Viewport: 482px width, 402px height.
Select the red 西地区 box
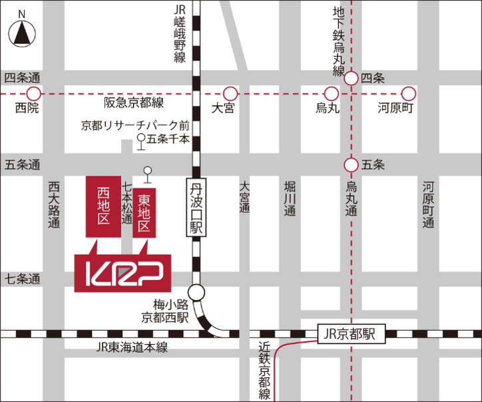[x=103, y=207]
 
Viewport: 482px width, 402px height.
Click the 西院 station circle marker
[x=33, y=93]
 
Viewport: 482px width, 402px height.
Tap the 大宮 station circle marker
[x=230, y=93]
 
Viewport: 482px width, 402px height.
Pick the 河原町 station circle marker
[x=408, y=93]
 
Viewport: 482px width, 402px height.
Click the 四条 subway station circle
[x=351, y=79]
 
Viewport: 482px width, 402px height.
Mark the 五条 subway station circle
[x=351, y=164]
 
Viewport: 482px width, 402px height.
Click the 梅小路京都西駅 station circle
[x=196, y=292]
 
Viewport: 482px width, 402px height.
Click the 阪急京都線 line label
[x=134, y=104]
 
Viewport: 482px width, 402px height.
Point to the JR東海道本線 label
[x=131, y=347]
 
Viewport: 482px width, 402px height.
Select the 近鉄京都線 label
[x=265, y=371]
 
